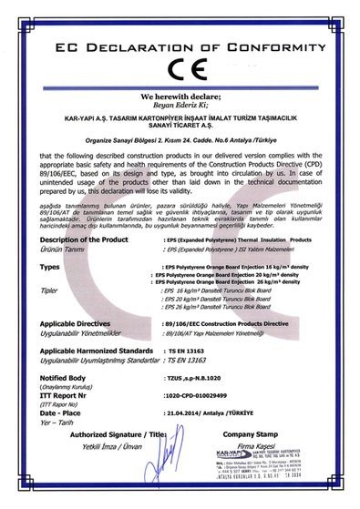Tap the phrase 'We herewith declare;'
180,95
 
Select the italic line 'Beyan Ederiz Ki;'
180,105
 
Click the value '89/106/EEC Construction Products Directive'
218,323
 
